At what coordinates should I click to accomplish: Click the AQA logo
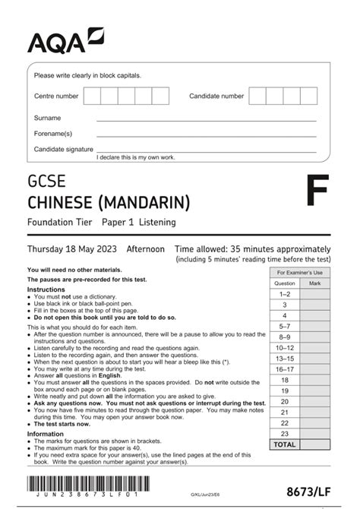pyautogui.click(x=65, y=40)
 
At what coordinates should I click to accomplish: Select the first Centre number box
pyautogui.click(x=92, y=96)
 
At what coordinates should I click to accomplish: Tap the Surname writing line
pyautogui.click(x=205, y=119)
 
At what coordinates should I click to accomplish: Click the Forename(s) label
pyautogui.click(x=52, y=134)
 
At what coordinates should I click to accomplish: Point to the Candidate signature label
pyautogui.click(x=64, y=149)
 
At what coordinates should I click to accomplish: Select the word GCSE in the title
pyautogui.click(x=46, y=182)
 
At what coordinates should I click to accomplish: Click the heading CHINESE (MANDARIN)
pyautogui.click(x=109, y=202)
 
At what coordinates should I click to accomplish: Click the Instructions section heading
pyautogui.click(x=46, y=289)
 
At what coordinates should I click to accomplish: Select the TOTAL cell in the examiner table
pyautogui.click(x=285, y=444)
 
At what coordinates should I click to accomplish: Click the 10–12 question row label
pyautogui.click(x=285, y=347)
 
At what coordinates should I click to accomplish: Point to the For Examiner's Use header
pyautogui.click(x=300, y=272)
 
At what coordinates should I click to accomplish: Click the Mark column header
pyautogui.click(x=315, y=283)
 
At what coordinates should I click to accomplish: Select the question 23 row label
pyautogui.click(x=285, y=433)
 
